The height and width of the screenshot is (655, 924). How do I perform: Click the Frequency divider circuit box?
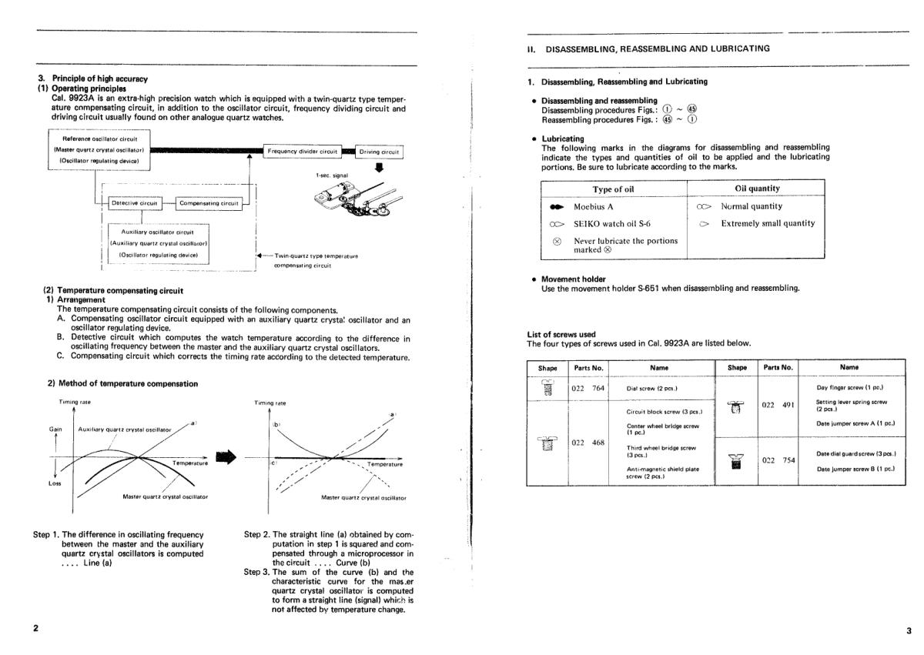303,152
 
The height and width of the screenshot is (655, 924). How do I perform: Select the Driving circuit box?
379,152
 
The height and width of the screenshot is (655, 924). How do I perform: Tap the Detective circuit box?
135,203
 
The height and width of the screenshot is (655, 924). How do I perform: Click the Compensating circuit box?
209,203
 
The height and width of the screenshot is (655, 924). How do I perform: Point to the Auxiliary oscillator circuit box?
159,244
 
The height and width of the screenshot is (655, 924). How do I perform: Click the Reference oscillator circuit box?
99,149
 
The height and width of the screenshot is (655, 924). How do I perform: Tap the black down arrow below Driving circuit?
379,167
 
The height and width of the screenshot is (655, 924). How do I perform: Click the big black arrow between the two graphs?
226,456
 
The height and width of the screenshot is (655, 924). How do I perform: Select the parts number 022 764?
588,388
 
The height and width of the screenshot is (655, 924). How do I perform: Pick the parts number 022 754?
778,460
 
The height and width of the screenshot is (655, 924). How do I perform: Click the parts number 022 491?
778,405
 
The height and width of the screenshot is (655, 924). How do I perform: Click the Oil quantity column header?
757,189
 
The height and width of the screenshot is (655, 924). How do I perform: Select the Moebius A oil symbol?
557,207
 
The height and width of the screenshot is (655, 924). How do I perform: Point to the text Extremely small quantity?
768,223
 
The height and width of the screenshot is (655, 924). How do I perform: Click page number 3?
909,630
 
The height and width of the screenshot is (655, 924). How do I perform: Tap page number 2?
36,628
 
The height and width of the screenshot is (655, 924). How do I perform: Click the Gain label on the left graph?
55,429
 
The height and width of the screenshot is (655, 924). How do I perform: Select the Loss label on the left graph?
55,483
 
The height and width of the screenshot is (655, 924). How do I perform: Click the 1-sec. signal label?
332,175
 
